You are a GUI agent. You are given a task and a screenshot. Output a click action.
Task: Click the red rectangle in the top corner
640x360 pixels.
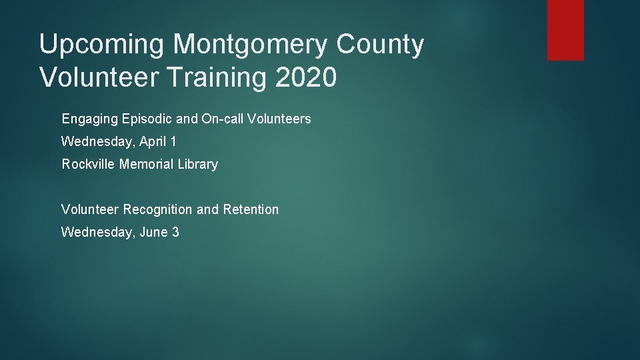point(565,30)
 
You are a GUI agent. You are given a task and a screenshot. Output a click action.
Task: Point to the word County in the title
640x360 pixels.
point(380,45)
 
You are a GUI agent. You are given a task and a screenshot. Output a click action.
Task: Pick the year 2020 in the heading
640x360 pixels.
point(305,77)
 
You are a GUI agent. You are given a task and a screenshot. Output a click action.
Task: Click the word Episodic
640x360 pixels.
point(147,119)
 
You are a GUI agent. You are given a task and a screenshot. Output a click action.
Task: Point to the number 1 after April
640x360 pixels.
point(173,141)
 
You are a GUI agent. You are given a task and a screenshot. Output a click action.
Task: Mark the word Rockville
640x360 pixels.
point(89,164)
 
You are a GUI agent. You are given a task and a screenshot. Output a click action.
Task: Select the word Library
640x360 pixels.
point(198,164)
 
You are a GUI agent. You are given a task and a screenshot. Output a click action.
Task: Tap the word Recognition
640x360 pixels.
point(158,209)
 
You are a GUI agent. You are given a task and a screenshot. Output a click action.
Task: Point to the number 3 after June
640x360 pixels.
point(175,232)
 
